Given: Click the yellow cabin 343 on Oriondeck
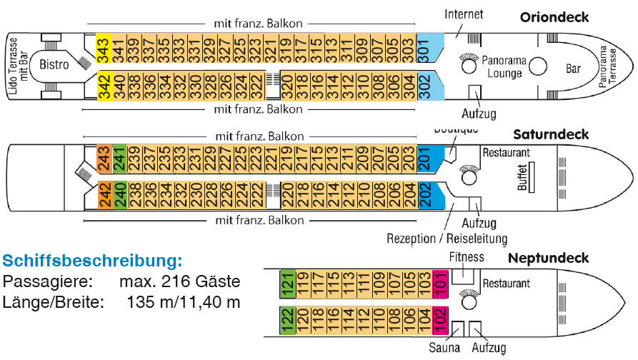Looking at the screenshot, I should coord(103,50).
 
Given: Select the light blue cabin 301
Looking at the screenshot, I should coord(424,50).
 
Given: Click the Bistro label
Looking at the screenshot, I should coord(54,64).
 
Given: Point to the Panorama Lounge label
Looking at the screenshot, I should coord(504,66).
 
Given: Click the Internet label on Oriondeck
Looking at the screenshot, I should coord(464,14).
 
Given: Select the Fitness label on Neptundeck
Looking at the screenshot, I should coord(466,256).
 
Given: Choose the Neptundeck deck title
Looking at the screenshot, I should coord(548,258).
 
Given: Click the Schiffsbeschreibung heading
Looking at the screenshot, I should coord(93,259).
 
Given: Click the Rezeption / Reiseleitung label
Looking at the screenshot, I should coord(447,238).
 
